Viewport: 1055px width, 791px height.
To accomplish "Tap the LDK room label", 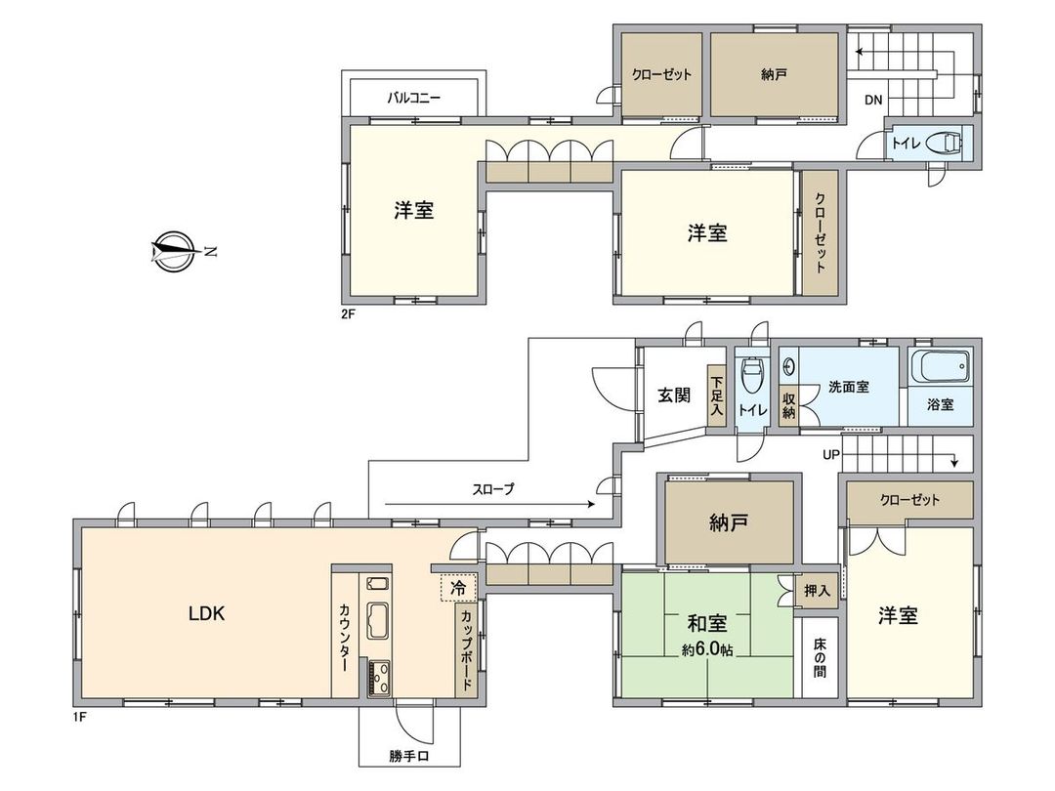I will [207, 614].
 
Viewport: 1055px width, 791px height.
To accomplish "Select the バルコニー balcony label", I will [413, 98].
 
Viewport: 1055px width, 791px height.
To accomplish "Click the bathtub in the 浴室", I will [940, 369].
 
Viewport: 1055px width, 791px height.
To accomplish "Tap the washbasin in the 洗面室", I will [789, 369].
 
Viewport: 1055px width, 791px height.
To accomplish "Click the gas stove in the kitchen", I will [378, 678].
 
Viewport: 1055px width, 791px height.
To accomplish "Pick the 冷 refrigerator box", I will [458, 588].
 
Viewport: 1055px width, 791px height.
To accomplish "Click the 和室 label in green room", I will [705, 624].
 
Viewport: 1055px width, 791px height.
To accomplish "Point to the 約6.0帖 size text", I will [708, 649].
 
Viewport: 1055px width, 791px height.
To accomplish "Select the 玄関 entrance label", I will [673, 395].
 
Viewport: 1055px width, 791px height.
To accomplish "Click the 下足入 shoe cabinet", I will [717, 397].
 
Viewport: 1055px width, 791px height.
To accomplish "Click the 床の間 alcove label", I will [818, 659].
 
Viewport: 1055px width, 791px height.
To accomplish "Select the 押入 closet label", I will [817, 591].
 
